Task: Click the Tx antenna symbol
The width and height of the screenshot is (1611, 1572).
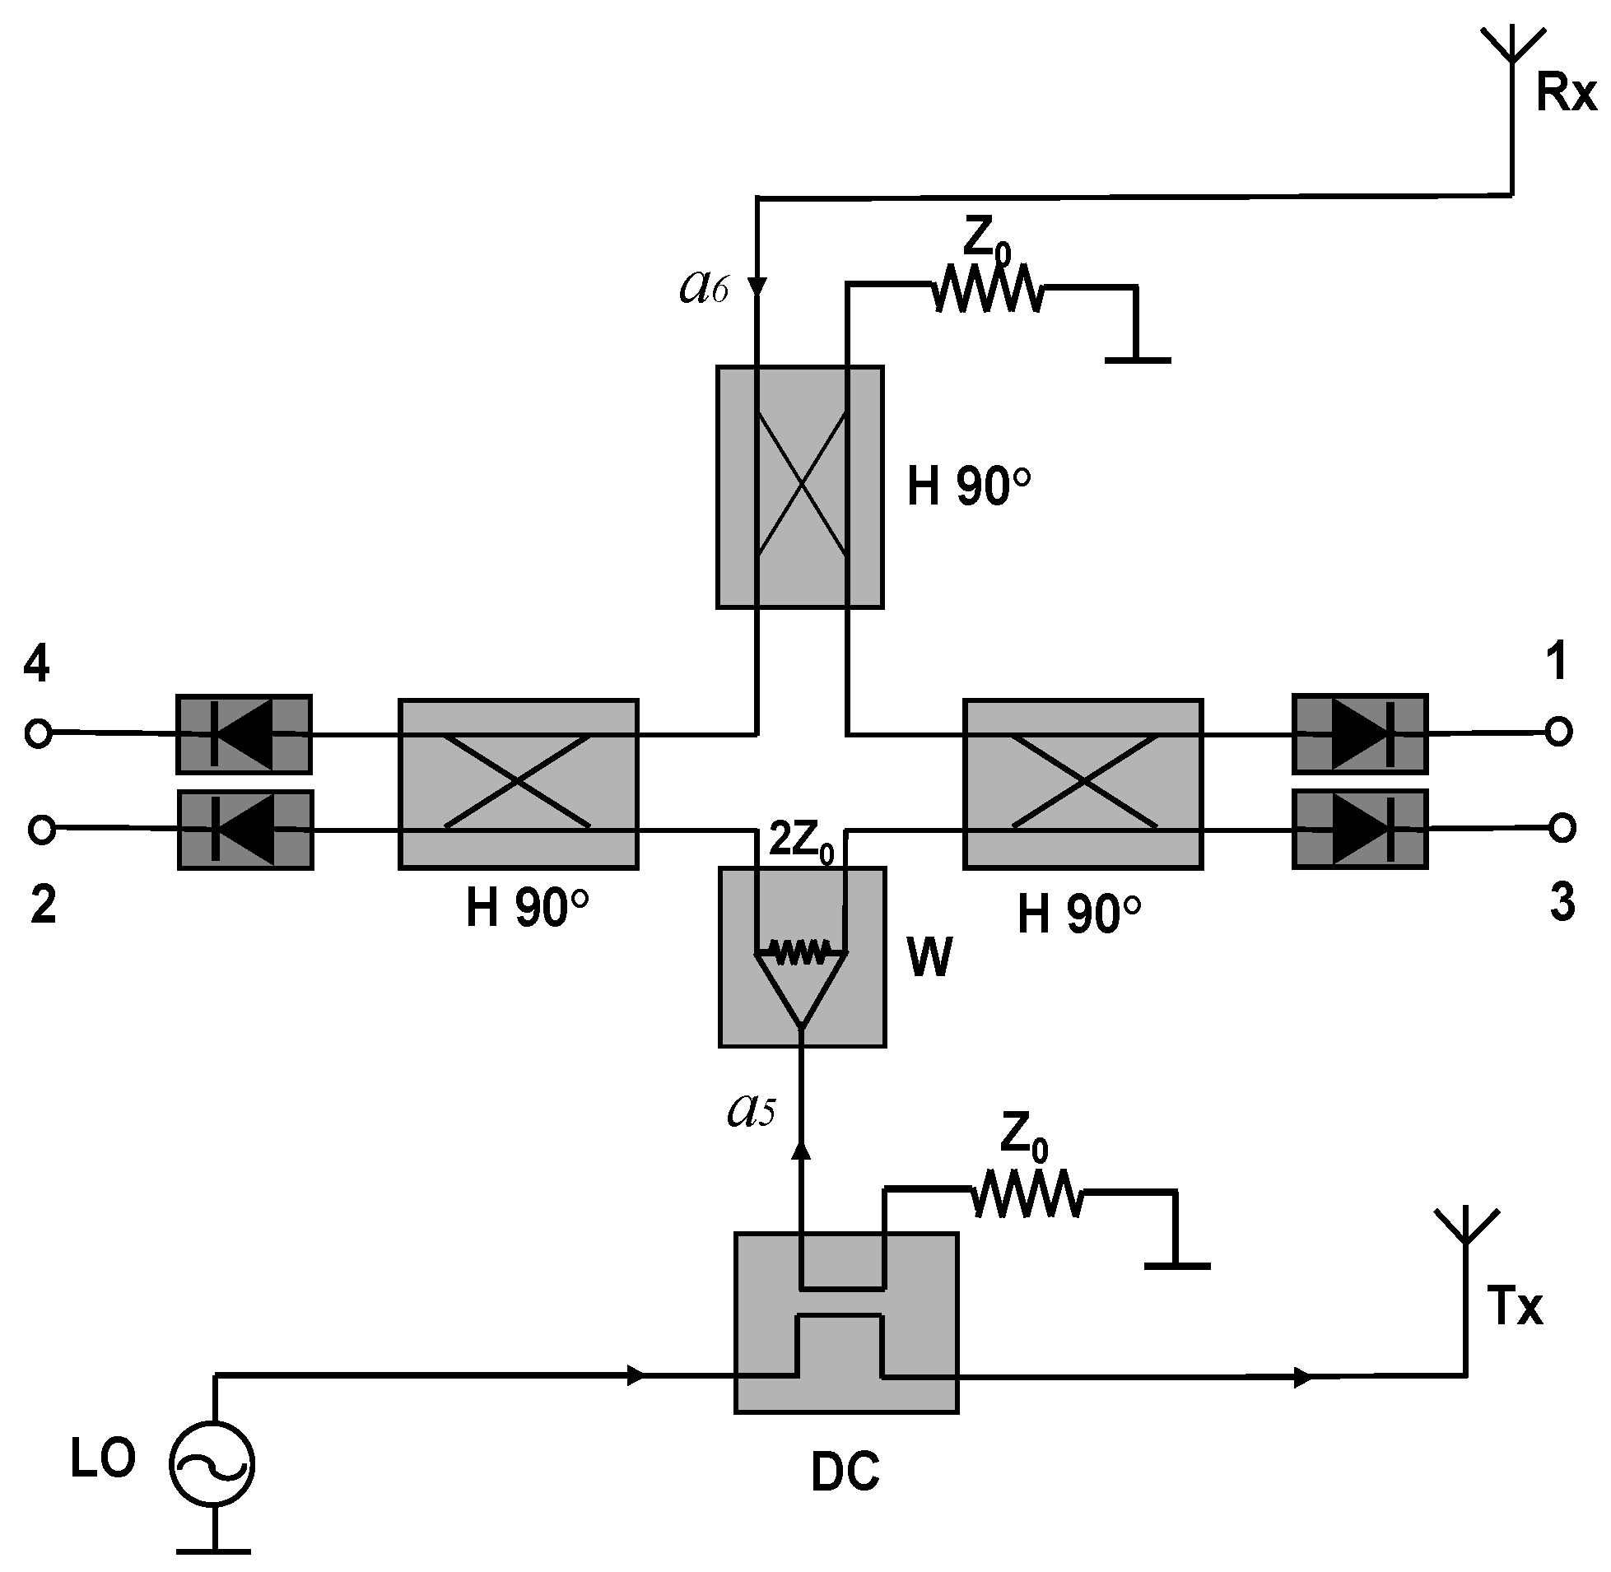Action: pos(1465,1230)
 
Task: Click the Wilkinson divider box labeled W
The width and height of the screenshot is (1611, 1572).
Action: pos(802,957)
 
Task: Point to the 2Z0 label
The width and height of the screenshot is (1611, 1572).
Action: pos(800,841)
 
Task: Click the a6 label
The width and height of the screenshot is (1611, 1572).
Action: pos(704,287)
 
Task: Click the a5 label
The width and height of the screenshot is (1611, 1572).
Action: pos(751,1110)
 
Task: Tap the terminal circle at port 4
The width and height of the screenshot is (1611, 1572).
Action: pos(38,733)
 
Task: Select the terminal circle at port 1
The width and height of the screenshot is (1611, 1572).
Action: pos(1558,732)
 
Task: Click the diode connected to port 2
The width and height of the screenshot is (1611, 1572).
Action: pos(245,830)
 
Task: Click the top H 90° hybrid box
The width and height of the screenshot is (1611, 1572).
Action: pos(799,487)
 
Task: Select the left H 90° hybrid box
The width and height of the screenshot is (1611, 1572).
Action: pos(518,784)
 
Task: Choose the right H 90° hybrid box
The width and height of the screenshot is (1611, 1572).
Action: pos(1083,784)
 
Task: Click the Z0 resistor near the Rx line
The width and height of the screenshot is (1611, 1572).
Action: pos(988,288)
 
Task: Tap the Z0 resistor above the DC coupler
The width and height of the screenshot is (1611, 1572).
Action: pos(1027,1194)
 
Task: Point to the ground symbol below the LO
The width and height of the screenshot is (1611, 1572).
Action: pos(214,1550)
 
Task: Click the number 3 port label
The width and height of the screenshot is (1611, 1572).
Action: pos(1562,902)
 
